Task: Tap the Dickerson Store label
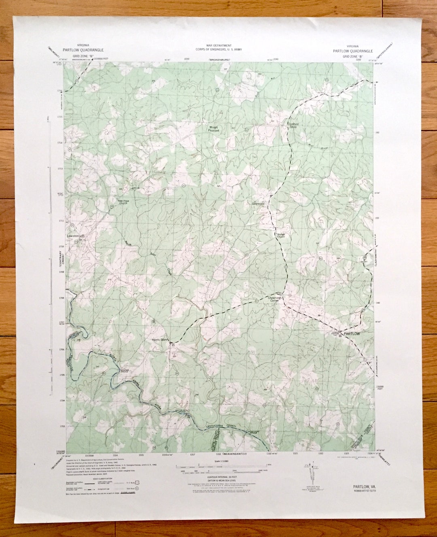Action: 293,125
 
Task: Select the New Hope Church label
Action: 123,202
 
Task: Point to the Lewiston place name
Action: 73,236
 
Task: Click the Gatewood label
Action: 258,203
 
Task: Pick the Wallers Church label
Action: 281,236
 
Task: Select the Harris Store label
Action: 159,340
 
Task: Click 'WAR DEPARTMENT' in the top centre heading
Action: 219,46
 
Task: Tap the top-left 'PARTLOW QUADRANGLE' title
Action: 83,50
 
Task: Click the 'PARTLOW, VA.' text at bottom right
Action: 364,486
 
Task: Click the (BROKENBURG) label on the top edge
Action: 219,59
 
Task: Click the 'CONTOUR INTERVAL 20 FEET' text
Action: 219,477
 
